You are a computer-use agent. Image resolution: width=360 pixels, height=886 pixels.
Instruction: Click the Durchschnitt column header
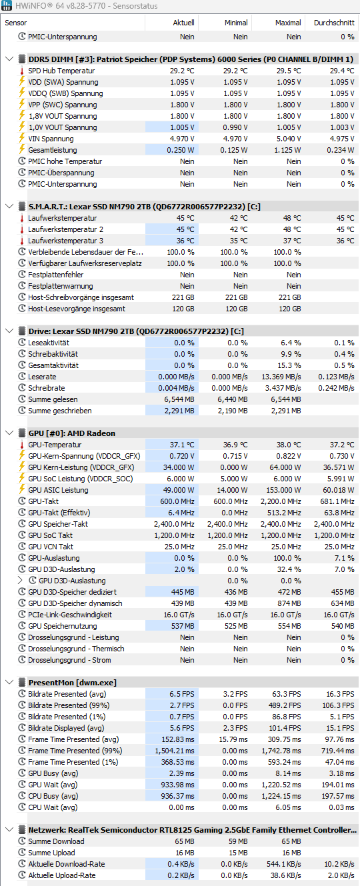click(334, 23)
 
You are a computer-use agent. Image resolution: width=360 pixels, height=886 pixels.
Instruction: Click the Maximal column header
click(288, 23)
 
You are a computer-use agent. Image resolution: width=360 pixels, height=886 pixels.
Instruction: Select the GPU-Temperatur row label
click(55, 445)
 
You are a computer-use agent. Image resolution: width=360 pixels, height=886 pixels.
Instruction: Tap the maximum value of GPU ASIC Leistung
click(283, 490)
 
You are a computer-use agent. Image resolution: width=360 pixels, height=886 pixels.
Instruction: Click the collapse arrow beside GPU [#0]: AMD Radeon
click(9, 433)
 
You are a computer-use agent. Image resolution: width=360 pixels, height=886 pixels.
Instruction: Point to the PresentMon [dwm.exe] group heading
click(73, 682)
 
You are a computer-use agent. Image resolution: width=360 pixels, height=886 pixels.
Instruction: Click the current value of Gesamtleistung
click(181, 150)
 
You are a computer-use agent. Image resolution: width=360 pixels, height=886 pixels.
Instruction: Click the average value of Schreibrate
click(336, 388)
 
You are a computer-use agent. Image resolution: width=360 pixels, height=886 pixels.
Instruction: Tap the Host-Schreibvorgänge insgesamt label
click(81, 297)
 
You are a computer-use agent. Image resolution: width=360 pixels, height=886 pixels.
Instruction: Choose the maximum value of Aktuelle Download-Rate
click(283, 864)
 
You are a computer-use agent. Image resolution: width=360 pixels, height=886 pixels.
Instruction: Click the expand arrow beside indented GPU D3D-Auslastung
click(20, 580)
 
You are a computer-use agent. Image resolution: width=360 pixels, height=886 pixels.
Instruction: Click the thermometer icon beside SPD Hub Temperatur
click(22, 71)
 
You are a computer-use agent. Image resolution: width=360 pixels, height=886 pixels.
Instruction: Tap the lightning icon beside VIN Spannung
click(22, 139)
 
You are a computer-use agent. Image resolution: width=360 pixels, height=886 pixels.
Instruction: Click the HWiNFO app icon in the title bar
click(7, 5)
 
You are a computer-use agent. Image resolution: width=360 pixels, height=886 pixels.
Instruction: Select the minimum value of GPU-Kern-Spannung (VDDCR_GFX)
click(236, 455)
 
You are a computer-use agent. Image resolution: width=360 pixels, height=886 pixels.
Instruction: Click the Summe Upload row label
click(51, 853)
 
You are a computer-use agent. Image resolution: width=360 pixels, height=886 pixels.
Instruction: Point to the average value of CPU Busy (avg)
click(337, 796)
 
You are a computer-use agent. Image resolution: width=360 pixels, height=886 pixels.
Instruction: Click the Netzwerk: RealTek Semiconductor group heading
click(192, 830)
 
